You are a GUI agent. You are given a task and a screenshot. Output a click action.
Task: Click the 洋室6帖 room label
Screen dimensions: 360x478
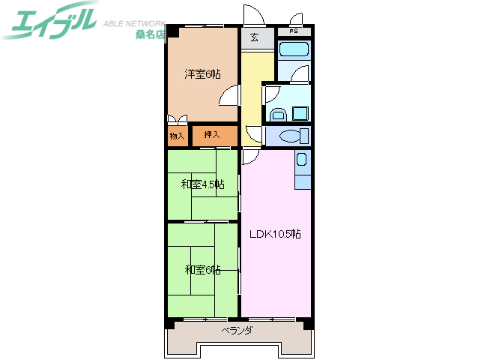(x=203, y=73)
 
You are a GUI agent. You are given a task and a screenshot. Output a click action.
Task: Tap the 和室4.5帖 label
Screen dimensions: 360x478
(x=202, y=184)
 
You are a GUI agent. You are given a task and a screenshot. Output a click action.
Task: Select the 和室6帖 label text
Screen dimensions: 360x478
(x=202, y=269)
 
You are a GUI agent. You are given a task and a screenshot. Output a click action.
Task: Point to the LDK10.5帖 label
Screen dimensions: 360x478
(x=275, y=233)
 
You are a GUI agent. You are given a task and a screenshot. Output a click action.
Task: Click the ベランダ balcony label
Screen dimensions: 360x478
(x=238, y=331)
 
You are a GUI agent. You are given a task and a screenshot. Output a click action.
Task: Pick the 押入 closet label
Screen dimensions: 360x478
(x=212, y=135)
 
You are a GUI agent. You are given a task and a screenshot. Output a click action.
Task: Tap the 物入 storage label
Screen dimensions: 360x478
(x=177, y=136)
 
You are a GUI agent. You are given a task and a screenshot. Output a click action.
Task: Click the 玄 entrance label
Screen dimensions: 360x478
(x=255, y=37)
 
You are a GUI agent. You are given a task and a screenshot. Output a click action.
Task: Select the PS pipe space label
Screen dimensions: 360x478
(x=294, y=31)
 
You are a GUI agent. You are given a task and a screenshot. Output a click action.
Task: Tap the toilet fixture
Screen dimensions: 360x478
(x=292, y=136)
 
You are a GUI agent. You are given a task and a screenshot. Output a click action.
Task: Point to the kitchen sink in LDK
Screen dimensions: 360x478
(x=301, y=160)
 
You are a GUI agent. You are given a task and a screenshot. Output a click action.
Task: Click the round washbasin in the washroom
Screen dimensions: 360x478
(x=277, y=114)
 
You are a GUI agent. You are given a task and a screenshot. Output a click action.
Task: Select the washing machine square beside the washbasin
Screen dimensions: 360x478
(x=300, y=114)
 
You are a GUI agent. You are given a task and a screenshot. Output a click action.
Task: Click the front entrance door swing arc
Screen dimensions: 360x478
(x=252, y=16)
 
